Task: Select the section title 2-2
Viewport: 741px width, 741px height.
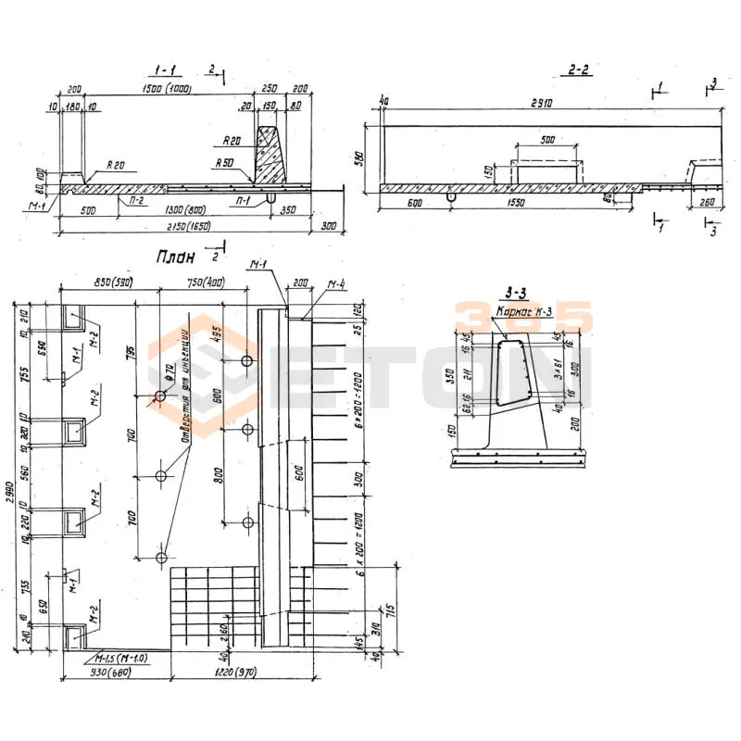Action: point(579,70)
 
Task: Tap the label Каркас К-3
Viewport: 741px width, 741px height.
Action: point(524,311)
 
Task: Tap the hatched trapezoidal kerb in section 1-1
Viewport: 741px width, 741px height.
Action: point(270,157)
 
